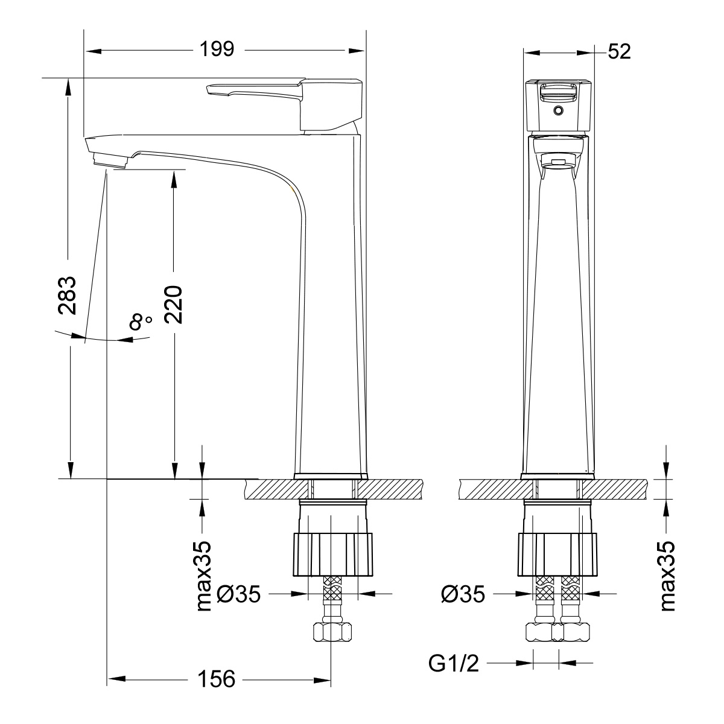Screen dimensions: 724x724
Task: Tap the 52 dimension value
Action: pos(619,52)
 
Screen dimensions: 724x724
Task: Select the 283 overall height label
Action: pos(67,295)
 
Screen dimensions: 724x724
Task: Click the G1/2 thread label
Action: pos(453,664)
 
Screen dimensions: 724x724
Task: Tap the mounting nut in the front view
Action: pos(557,554)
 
